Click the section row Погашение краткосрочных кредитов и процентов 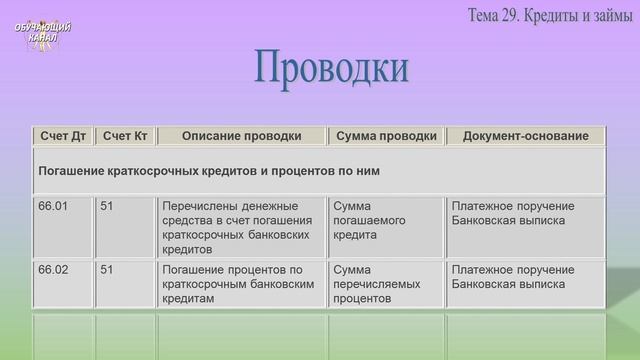[x=208, y=171]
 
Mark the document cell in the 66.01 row [x=513, y=212]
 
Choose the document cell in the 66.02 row [x=513, y=276]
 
